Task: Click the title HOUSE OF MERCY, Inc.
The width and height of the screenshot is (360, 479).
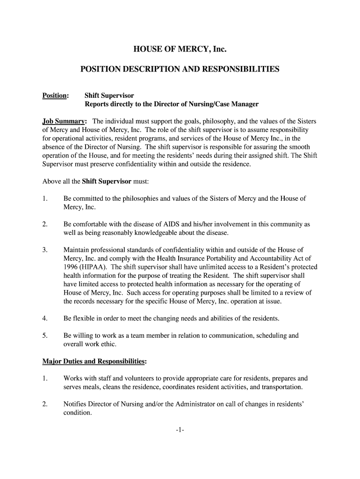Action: point(180,48)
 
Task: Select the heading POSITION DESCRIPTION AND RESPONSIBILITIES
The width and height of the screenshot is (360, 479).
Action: point(180,69)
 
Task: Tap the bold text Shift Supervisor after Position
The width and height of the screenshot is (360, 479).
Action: point(109,95)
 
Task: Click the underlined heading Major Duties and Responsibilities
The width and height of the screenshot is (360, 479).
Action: point(94,361)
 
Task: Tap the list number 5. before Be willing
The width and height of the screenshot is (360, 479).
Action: point(45,336)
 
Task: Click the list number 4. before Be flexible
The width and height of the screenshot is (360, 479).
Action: point(45,319)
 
